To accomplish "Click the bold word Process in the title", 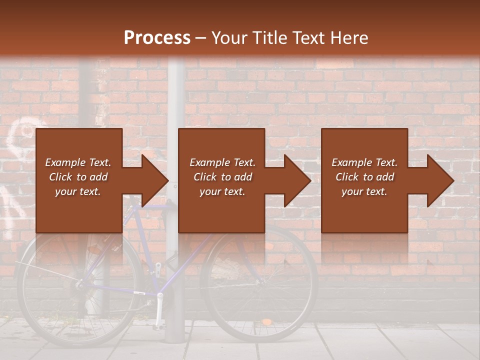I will [x=157, y=37].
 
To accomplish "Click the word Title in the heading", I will [x=268, y=37].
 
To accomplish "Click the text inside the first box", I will [x=78, y=177].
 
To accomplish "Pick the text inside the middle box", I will [x=222, y=177].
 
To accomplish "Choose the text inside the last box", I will [x=364, y=177].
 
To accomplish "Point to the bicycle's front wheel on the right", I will [x=260, y=285].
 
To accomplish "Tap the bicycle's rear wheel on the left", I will [x=75, y=290].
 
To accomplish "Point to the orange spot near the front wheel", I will [x=267, y=321].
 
